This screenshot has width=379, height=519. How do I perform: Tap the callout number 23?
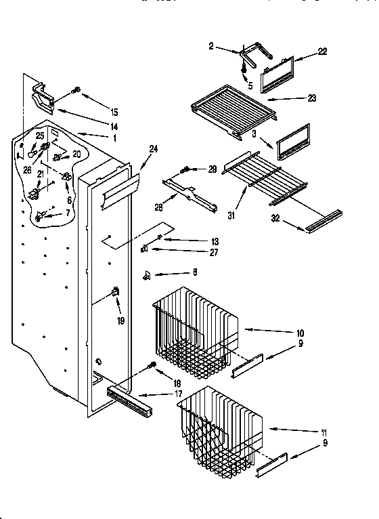[x=311, y=98]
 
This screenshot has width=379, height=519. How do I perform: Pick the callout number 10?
[x=300, y=333]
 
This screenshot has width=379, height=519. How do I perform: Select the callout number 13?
[x=196, y=241]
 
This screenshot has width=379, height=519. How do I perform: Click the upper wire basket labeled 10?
[x=196, y=332]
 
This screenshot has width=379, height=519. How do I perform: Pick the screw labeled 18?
[x=152, y=367]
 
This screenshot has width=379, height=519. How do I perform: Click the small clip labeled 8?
[x=147, y=276]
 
